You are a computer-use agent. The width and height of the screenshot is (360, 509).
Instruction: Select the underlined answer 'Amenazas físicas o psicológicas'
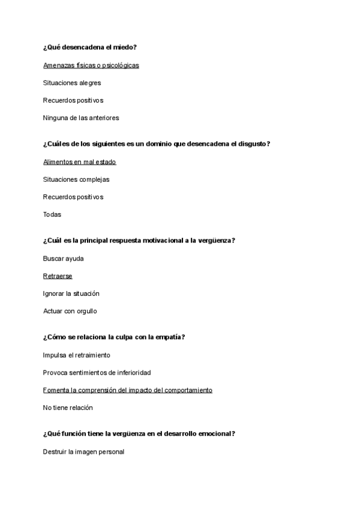point(91,65)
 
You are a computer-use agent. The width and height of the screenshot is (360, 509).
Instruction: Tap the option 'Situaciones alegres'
point(72,83)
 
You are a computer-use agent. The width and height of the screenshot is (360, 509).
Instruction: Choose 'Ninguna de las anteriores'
point(81,118)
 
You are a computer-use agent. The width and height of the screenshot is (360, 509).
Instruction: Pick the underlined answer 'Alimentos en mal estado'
point(79,161)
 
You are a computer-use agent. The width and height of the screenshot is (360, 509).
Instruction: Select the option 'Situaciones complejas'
point(76,179)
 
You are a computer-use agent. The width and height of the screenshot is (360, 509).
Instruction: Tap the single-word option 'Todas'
point(52,214)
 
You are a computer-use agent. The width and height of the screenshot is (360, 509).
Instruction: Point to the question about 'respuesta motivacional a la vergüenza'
point(139,241)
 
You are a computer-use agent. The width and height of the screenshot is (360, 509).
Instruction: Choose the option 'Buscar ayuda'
point(64,259)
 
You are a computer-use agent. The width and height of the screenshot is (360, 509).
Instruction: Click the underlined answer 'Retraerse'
point(58,276)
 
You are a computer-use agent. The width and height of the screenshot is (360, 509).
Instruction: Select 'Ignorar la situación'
point(71,294)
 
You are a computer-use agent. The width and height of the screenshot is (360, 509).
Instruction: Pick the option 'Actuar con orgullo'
point(70,311)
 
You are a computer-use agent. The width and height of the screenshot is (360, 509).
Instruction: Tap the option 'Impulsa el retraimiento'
point(76,355)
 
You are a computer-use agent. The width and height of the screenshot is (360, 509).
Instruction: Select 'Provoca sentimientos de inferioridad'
point(97,373)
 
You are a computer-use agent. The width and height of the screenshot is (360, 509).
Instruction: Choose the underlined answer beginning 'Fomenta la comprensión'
point(128,390)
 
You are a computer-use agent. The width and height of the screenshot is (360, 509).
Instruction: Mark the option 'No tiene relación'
point(68,408)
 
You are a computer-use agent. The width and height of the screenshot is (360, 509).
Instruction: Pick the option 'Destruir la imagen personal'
point(83,452)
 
